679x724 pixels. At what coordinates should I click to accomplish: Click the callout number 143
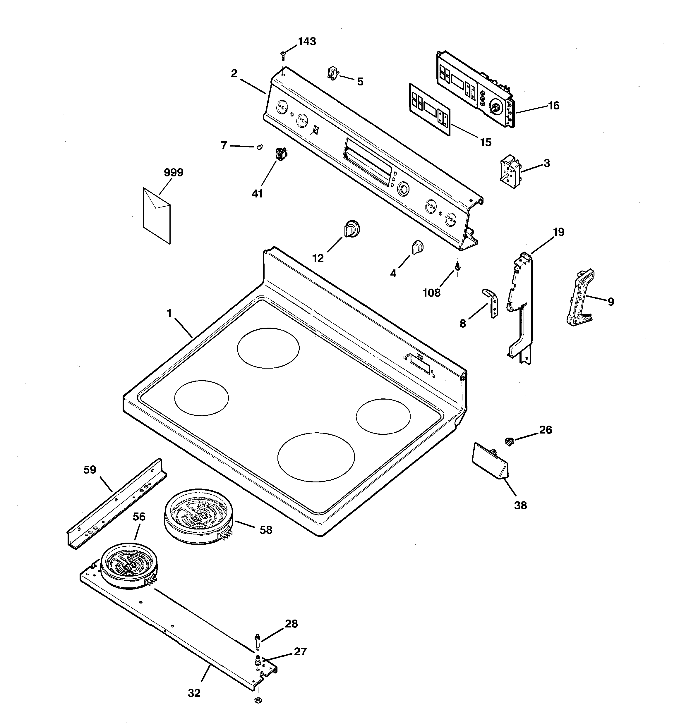pyautogui.click(x=307, y=42)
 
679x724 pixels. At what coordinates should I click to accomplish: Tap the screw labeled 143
pyautogui.click(x=283, y=55)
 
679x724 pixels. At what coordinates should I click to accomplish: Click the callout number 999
pyautogui.click(x=174, y=172)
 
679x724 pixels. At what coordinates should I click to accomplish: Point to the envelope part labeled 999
pyautogui.click(x=157, y=216)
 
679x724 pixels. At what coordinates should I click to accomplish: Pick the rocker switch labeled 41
pyautogui.click(x=281, y=154)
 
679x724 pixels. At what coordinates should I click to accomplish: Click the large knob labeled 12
pyautogui.click(x=352, y=229)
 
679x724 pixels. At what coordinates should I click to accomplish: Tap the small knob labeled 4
pyautogui.click(x=417, y=247)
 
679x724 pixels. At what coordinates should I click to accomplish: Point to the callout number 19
pyautogui.click(x=558, y=232)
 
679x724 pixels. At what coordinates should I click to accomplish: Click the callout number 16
pyautogui.click(x=554, y=106)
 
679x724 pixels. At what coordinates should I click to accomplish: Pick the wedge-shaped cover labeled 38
pyautogui.click(x=490, y=460)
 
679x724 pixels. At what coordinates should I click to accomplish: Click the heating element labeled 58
pyautogui.click(x=199, y=516)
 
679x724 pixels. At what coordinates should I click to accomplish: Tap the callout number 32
pyautogui.click(x=194, y=693)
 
